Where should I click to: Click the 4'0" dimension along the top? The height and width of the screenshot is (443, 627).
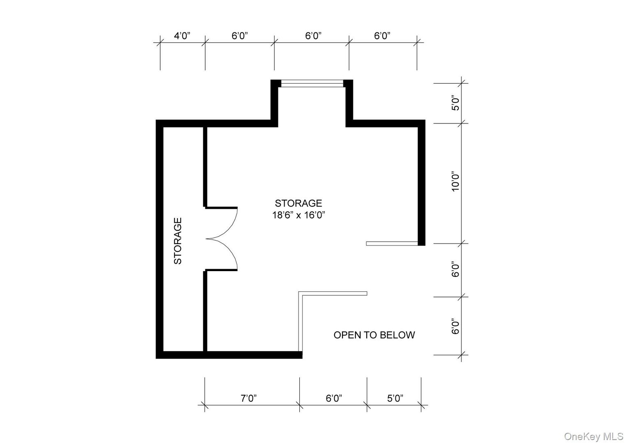click(x=182, y=36)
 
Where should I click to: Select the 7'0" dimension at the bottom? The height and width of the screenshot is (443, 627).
click(x=248, y=398)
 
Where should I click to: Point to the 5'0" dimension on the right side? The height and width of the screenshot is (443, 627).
click(x=455, y=103)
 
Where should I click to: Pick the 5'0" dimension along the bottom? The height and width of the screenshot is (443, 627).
click(x=395, y=398)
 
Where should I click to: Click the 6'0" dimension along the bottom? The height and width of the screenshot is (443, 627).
click(x=334, y=398)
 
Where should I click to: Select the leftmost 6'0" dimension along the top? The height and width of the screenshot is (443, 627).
click(x=240, y=36)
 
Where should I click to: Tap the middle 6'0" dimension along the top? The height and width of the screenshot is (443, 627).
click(x=313, y=36)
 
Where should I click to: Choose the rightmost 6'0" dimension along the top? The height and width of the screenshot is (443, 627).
click(x=382, y=36)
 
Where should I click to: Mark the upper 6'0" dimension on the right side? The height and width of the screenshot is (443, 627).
click(x=455, y=269)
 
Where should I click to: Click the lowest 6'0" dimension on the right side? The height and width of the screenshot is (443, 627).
click(x=455, y=326)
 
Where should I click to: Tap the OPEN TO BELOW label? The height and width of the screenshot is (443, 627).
click(x=374, y=335)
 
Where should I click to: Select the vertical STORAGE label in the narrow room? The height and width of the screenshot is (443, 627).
click(x=178, y=241)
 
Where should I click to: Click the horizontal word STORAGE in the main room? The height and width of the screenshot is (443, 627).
click(x=299, y=203)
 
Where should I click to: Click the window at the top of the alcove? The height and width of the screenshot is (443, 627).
click(x=312, y=84)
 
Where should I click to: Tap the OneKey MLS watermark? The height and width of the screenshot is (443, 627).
click(x=593, y=436)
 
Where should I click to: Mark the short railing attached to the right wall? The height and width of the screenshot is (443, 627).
click(x=392, y=244)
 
